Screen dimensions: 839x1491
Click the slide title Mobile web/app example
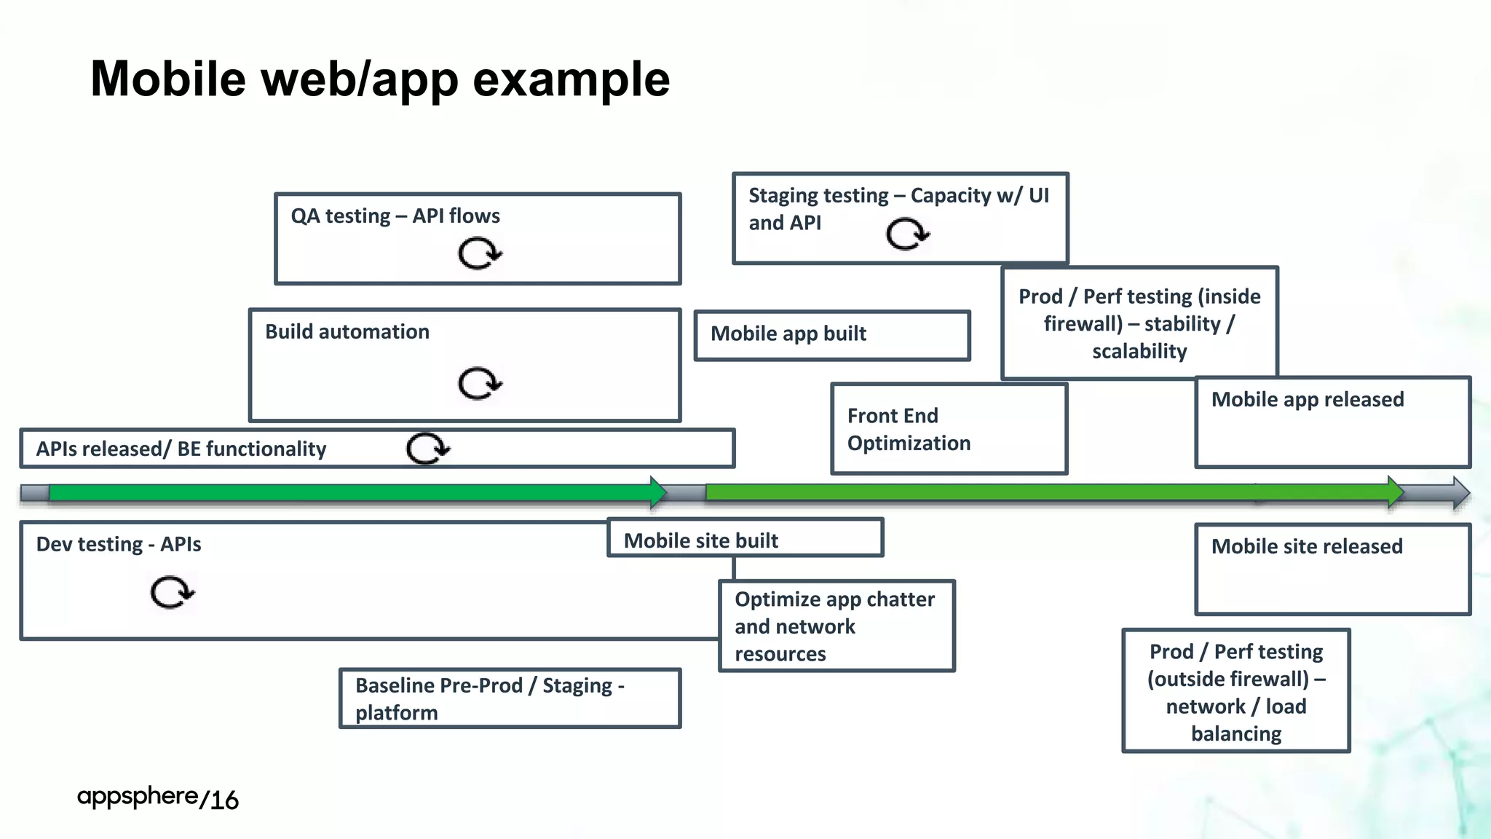coord(379,79)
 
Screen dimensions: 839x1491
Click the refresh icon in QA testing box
coord(480,253)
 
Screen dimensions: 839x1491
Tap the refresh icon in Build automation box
coord(480,383)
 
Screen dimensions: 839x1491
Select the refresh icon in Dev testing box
coord(172,591)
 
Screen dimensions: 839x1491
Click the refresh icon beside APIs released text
coord(428,448)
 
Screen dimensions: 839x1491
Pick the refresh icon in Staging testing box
coord(907,234)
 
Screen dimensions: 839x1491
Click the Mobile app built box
coord(832,335)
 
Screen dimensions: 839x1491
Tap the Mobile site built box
coord(745,540)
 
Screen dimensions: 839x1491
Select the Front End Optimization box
coord(949,429)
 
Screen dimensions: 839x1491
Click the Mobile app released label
coord(1308,400)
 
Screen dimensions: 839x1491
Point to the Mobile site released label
coord(1307,546)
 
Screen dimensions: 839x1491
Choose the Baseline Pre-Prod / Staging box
coord(510,698)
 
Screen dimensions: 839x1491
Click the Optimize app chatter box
coord(836,626)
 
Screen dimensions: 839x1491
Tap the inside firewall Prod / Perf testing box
coord(1139,323)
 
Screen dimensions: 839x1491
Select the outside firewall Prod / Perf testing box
coord(1235,691)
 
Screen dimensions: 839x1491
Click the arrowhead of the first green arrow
coord(658,492)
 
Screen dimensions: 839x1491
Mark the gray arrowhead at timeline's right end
coord(1460,493)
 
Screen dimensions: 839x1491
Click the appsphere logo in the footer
coord(138,796)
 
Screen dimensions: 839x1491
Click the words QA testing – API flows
coord(395,216)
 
